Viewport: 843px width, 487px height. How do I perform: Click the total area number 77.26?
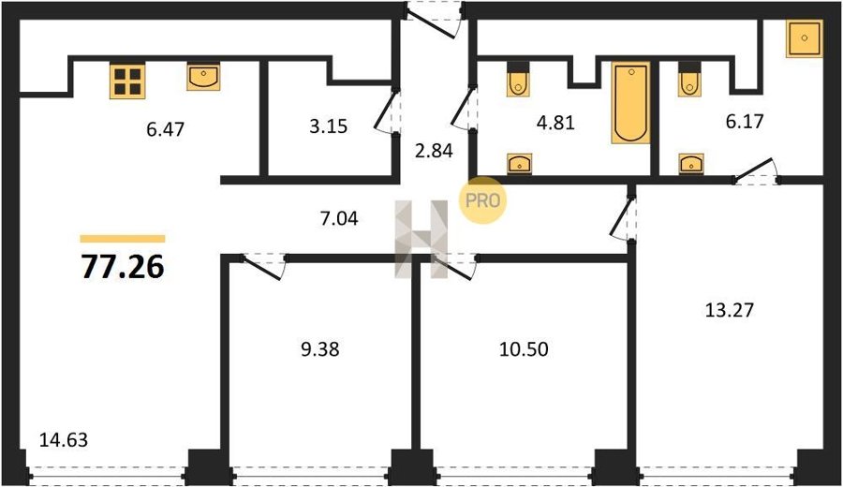[123, 267]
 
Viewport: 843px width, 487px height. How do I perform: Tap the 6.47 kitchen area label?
[165, 129]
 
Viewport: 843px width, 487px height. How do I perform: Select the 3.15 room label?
[329, 126]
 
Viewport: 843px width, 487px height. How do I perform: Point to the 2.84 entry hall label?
[434, 151]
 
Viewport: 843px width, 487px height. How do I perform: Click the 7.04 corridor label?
[339, 219]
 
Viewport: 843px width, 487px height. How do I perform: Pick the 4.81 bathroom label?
[555, 123]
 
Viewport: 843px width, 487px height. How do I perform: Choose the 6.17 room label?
[745, 122]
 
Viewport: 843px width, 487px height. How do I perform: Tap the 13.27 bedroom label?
[730, 310]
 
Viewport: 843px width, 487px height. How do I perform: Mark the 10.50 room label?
[525, 349]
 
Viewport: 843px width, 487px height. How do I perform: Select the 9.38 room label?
[320, 349]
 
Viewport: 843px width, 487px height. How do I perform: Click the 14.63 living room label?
[64, 440]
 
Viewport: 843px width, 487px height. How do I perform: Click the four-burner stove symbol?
[127, 81]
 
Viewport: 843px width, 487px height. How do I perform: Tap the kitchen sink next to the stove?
[203, 77]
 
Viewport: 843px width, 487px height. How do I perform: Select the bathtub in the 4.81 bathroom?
[630, 103]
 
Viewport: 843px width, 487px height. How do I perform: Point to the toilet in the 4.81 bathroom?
[518, 80]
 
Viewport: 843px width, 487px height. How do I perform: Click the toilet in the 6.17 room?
[689, 80]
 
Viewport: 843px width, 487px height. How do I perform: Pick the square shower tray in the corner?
[805, 38]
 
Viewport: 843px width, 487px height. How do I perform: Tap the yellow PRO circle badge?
[482, 200]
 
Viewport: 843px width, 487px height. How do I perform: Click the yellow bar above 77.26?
[123, 239]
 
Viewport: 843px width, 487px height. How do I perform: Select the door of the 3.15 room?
[386, 111]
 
